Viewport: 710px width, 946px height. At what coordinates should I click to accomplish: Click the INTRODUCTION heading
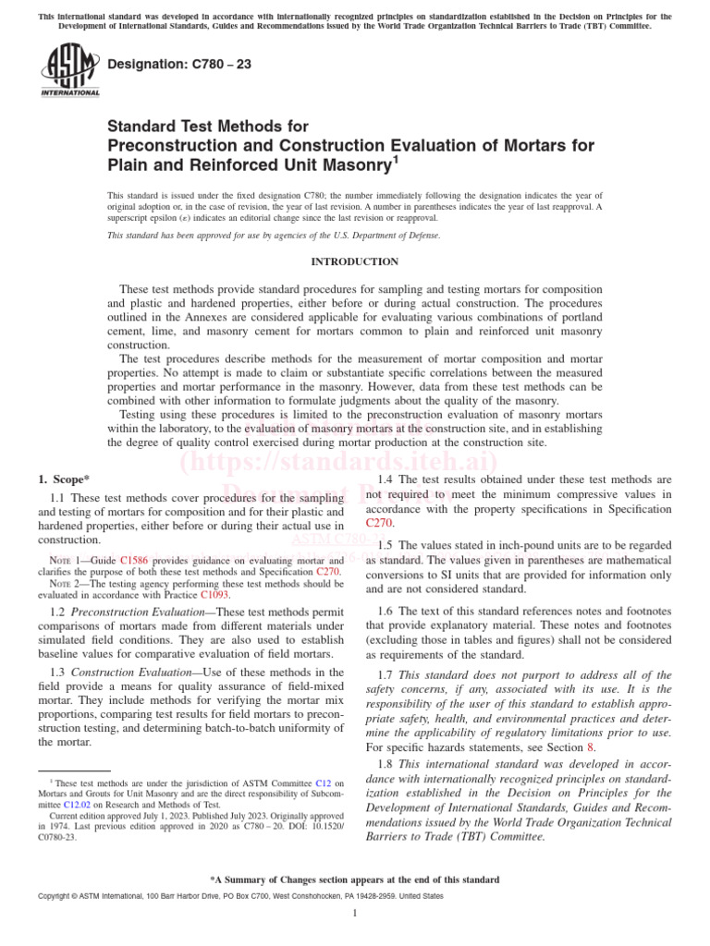(x=354, y=261)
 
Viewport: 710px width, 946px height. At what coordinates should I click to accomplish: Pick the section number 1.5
(x=386, y=545)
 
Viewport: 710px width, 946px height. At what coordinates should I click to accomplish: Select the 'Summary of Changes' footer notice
(x=355, y=879)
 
